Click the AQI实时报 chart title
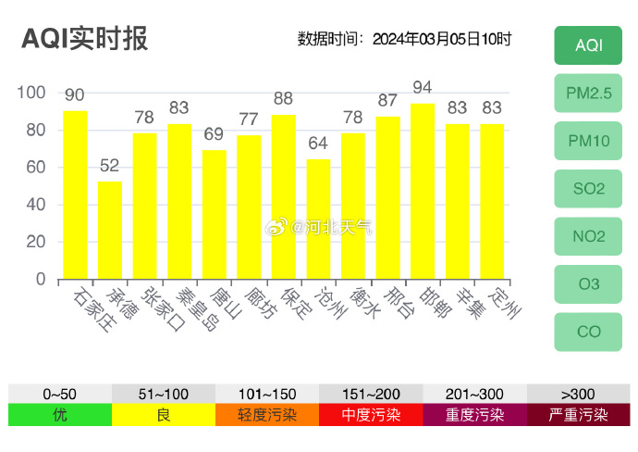[84, 39]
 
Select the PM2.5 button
[589, 93]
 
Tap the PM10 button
[589, 141]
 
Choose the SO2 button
[589, 189]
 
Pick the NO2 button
[589, 236]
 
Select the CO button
[589, 332]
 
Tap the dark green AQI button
[589, 45]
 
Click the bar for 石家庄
[75, 195]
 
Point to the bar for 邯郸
[423, 191]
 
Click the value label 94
[423, 88]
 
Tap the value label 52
[110, 166]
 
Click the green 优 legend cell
[60, 415]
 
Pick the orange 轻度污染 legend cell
[267, 415]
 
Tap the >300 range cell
[578, 394]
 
